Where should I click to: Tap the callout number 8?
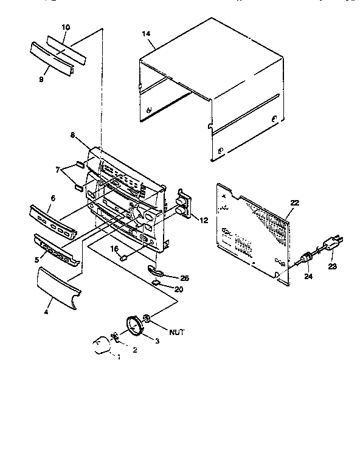click(74, 135)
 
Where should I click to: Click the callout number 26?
click(184, 277)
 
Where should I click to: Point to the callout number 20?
click(179, 289)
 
